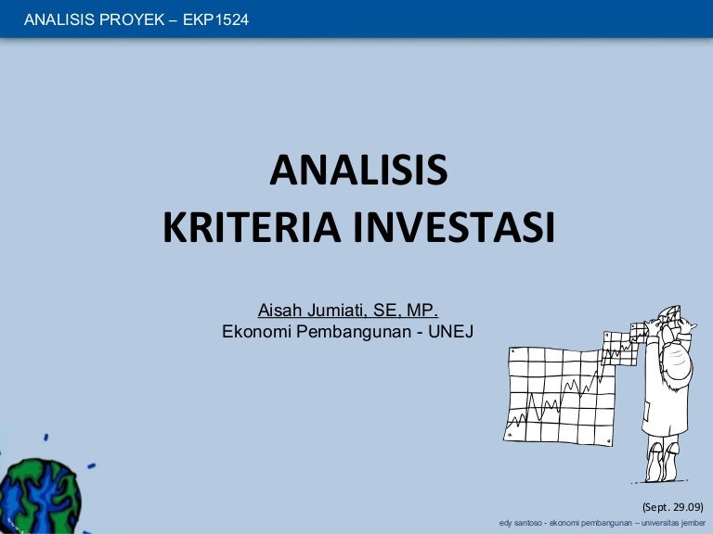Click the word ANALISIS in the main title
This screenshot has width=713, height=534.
358,172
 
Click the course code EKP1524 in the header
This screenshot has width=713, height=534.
216,19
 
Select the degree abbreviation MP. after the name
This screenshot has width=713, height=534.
423,310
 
